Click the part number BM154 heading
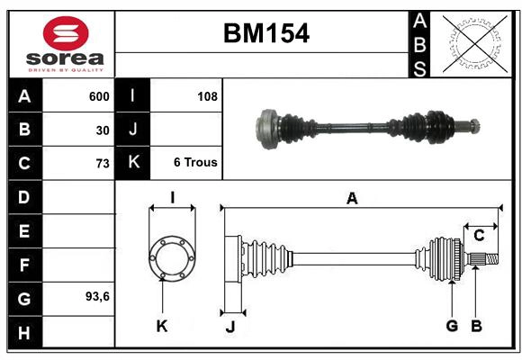coord(265,34)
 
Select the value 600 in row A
coord(99,96)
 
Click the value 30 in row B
coord(103,130)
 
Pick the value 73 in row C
coord(103,164)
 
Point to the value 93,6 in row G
coord(97,296)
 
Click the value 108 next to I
coord(207,96)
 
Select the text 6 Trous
coord(195,163)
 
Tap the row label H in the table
coord(23,334)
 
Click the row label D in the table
coord(23,197)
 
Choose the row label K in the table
coord(133,163)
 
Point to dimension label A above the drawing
coord(352,199)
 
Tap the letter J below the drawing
coord(229,327)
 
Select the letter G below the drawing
coord(452,326)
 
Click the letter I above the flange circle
coord(171,197)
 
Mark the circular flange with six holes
coord(171,257)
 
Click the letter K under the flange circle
coord(162,326)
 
